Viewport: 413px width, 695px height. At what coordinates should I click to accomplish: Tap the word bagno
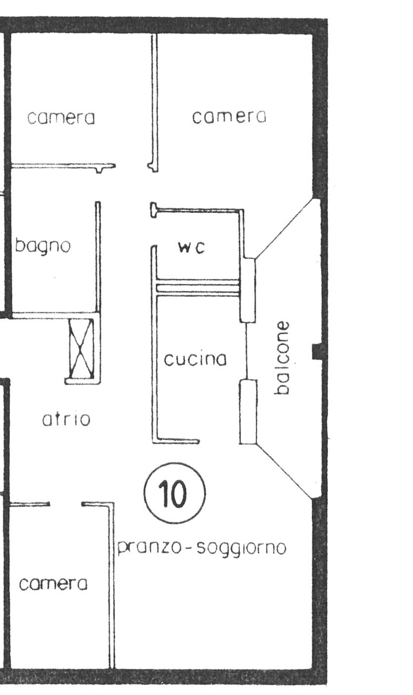coord(43,246)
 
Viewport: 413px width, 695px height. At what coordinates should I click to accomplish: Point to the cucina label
coord(195,360)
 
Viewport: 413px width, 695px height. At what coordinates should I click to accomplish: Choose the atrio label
coord(66,420)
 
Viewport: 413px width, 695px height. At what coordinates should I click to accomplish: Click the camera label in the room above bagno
coord(61,118)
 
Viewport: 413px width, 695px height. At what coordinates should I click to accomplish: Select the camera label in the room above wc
coord(229,117)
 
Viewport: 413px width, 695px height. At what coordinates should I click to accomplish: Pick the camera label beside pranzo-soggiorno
coord(53,584)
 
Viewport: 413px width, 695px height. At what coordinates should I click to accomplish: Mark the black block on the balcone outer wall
coord(318,351)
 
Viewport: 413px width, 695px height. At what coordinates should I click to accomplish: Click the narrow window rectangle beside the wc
coord(248,290)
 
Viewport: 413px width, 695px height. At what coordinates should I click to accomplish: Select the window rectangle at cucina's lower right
coord(248,412)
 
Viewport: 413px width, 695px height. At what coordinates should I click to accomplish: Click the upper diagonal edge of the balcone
coord(285,228)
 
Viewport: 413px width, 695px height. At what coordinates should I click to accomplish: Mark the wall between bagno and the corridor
coord(98,256)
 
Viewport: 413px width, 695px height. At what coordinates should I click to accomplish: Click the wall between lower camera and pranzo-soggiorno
coord(112,585)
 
